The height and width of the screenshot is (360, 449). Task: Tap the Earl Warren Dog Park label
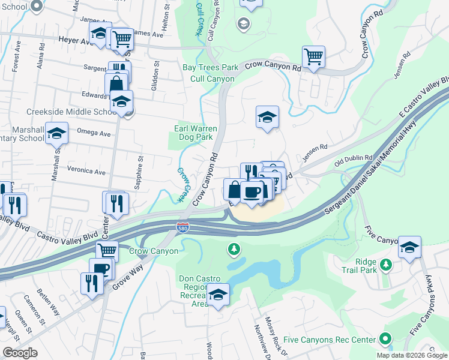point(193,133)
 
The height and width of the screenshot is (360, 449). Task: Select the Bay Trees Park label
point(210,68)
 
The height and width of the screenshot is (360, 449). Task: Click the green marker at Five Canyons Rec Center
point(385,340)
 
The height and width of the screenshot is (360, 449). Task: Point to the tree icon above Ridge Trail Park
point(387,264)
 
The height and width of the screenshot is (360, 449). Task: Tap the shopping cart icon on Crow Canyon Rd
point(313,58)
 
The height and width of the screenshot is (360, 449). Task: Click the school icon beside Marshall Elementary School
point(56,133)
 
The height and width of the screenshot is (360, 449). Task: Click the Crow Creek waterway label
point(183,184)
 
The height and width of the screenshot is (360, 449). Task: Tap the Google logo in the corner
point(20,353)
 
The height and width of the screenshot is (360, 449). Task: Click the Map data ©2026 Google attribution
point(411,355)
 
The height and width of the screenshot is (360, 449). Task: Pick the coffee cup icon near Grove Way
point(101,268)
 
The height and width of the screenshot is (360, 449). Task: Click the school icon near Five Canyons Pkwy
point(409,247)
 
